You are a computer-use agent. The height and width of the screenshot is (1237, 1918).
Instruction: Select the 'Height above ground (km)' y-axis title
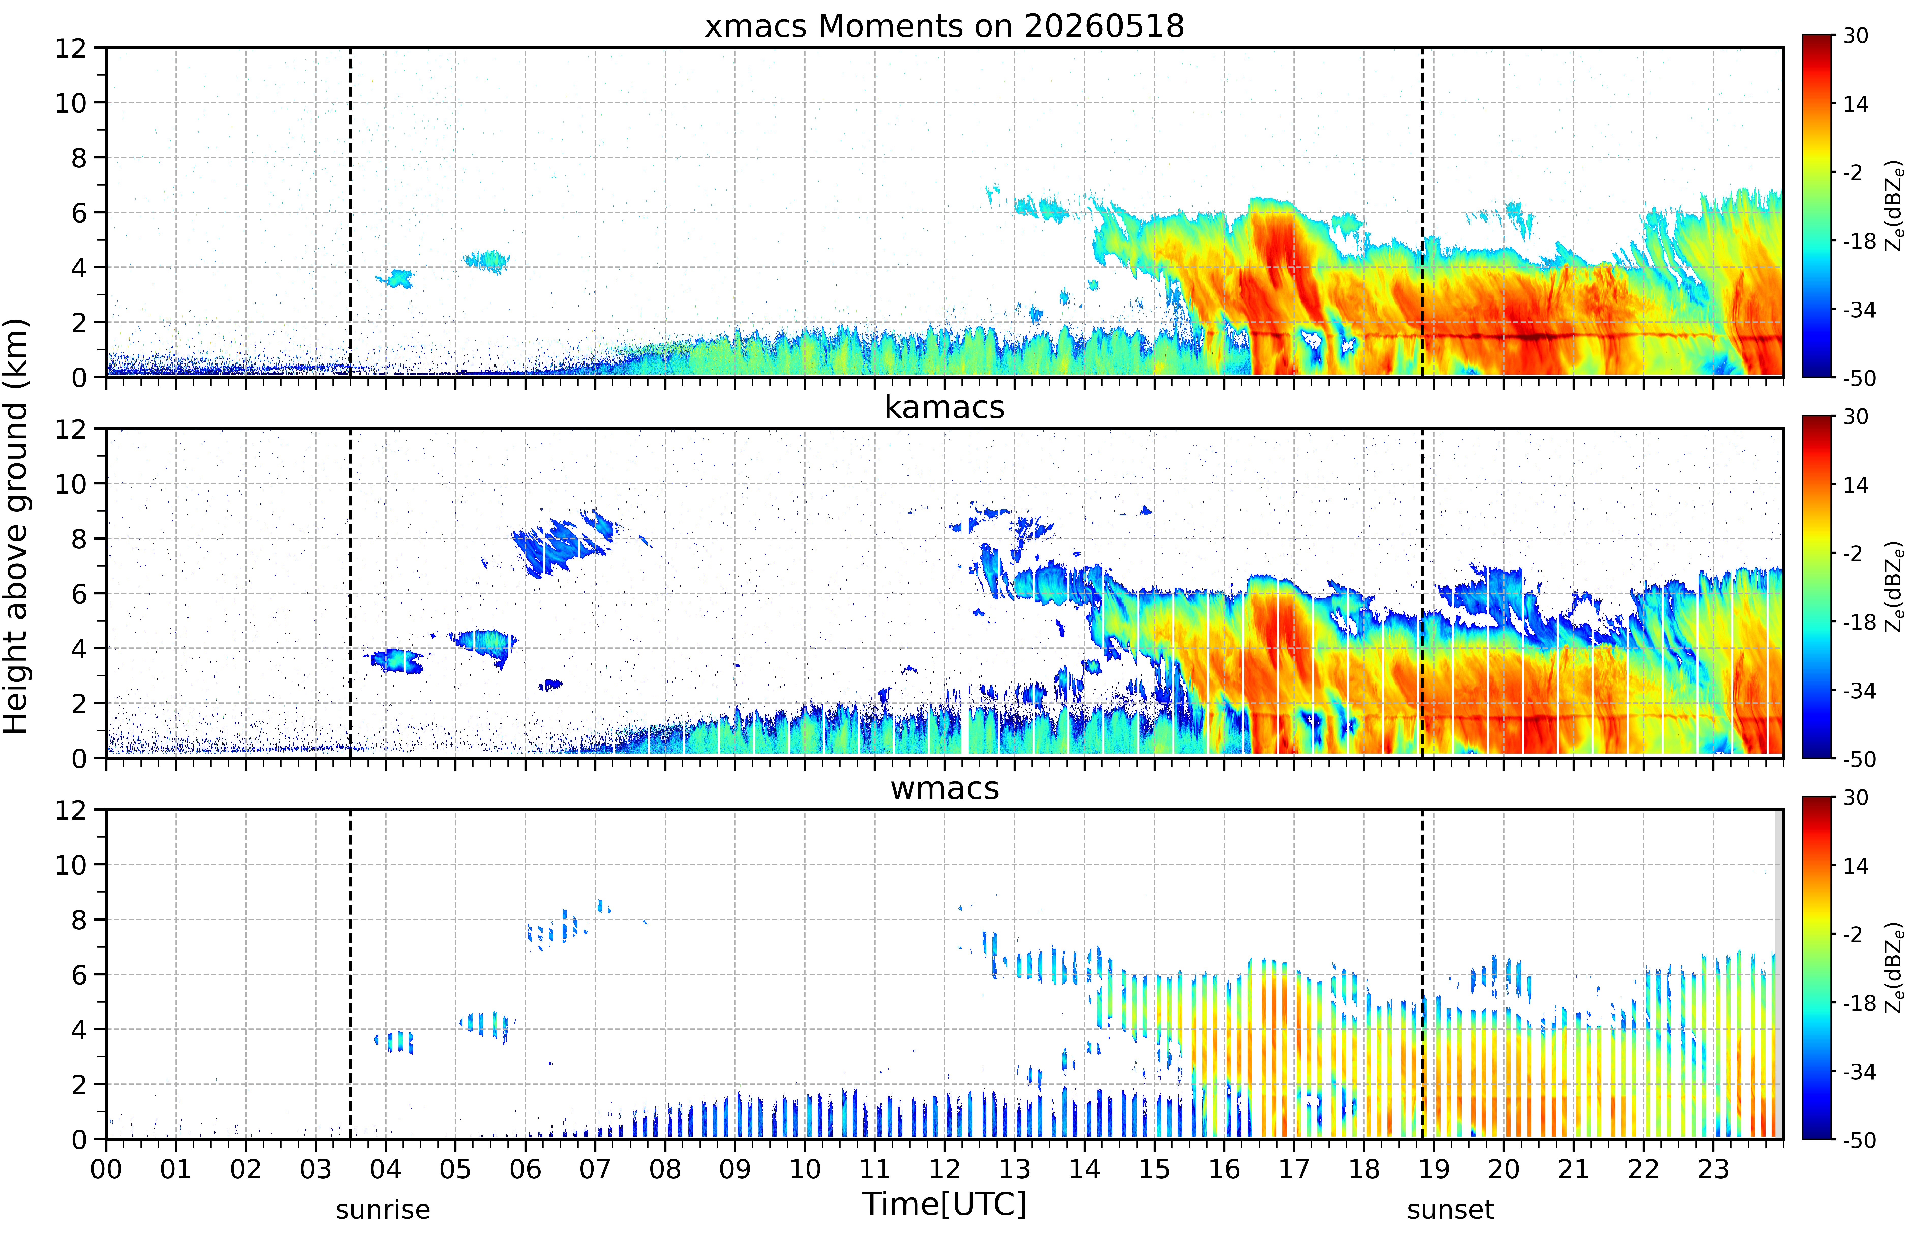pyautogui.click(x=16, y=526)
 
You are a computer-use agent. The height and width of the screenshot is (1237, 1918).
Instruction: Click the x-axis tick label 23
pyautogui.click(x=1713, y=1169)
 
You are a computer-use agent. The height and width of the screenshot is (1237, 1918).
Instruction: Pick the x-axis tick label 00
pyautogui.click(x=106, y=1169)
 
